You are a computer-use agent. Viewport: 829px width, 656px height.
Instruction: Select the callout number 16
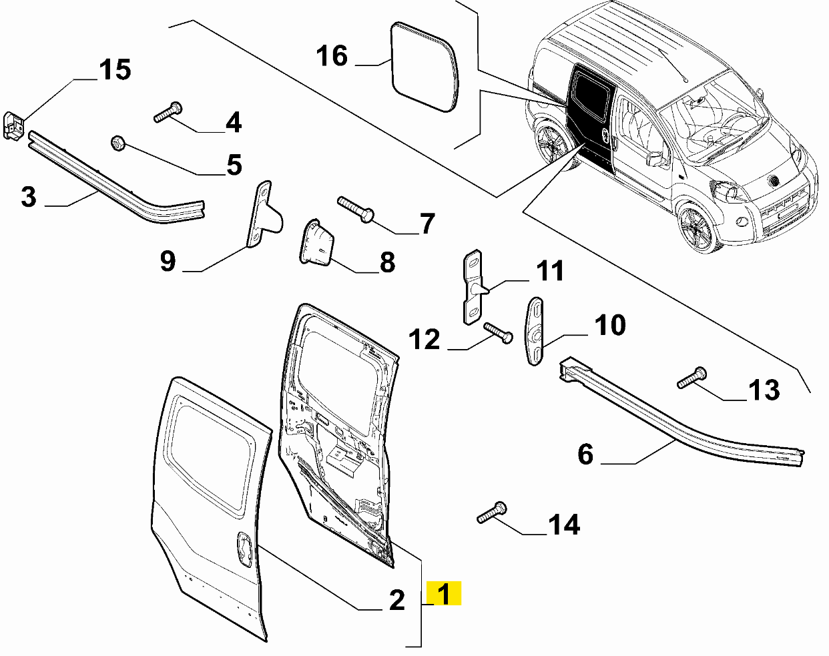pos(332,56)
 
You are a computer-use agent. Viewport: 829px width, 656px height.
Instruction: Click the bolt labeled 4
pos(168,112)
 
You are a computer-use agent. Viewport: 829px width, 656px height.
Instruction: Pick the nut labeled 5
pos(117,143)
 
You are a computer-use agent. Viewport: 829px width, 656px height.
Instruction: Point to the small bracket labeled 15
pos(14,125)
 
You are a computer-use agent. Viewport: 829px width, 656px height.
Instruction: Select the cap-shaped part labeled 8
pos(315,244)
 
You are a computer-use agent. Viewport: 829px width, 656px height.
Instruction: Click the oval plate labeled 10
pos(536,331)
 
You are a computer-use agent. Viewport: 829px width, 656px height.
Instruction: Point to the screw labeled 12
pos(497,332)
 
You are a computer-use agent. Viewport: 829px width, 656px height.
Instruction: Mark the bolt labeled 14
pos(492,513)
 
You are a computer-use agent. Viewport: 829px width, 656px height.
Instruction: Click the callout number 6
pos(585,454)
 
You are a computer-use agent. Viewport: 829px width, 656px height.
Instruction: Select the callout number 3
pos(28,197)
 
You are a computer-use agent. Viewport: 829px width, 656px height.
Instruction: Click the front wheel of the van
pos(696,227)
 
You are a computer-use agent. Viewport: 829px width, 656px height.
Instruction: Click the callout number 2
pos(396,600)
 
